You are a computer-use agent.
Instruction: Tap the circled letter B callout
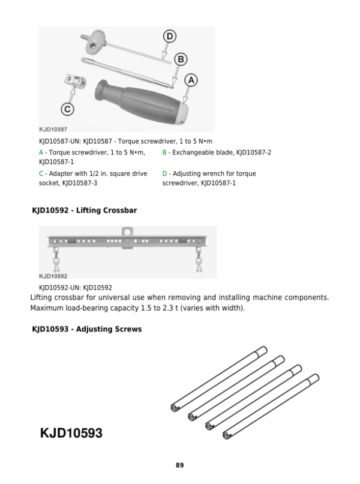180,59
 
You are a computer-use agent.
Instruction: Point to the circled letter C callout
68,109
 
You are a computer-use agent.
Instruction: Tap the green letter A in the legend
40,153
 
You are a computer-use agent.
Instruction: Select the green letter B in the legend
164,153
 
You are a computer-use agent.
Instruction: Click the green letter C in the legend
41,174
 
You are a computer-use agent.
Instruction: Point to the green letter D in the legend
164,174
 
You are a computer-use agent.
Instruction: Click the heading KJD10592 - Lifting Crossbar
85,211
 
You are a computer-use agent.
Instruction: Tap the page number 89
179,465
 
